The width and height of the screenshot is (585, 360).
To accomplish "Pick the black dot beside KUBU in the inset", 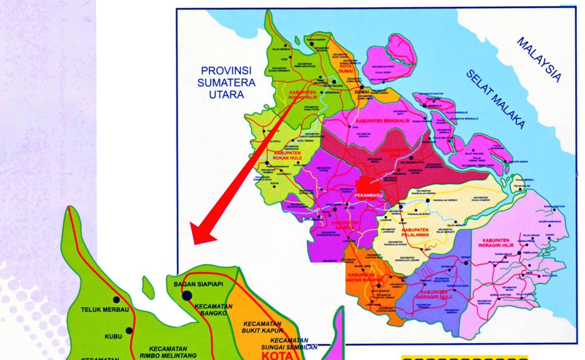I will pos(129,330).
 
